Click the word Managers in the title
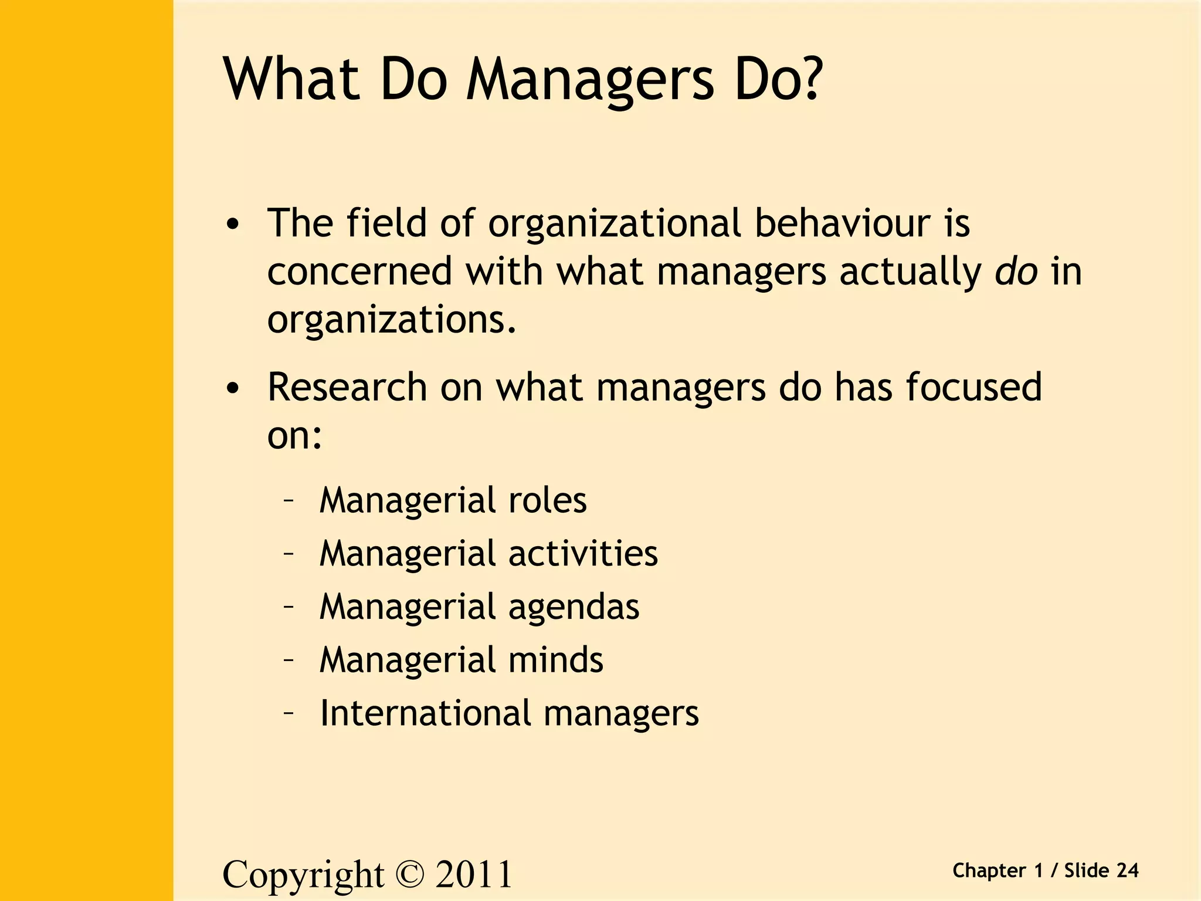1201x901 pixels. point(590,82)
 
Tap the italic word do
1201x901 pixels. point(1016,271)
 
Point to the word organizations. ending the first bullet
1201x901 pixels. point(392,320)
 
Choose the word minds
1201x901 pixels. point(555,660)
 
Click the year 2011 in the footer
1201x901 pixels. point(474,874)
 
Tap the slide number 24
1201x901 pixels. point(1127,870)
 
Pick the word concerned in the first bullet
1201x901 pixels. point(359,272)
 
